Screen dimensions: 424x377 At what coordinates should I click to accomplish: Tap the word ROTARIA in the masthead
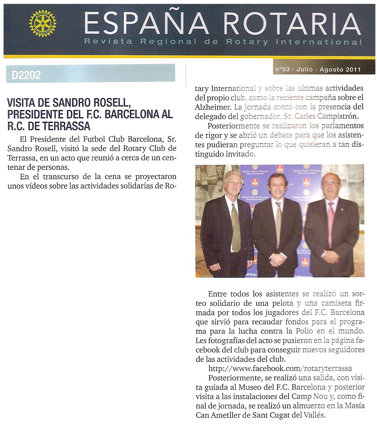(x=292, y=24)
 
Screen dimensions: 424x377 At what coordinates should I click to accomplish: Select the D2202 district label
(x=26, y=75)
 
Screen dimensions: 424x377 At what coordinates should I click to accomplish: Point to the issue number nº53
(x=282, y=69)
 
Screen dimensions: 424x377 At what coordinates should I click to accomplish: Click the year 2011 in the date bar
(x=353, y=69)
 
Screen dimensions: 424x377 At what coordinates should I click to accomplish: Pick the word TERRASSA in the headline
(x=69, y=126)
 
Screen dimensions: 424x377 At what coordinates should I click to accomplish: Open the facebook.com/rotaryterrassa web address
(x=280, y=368)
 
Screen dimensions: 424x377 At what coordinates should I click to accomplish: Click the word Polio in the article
(x=304, y=331)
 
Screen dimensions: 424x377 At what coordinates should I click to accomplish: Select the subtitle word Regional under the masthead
(x=168, y=42)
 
